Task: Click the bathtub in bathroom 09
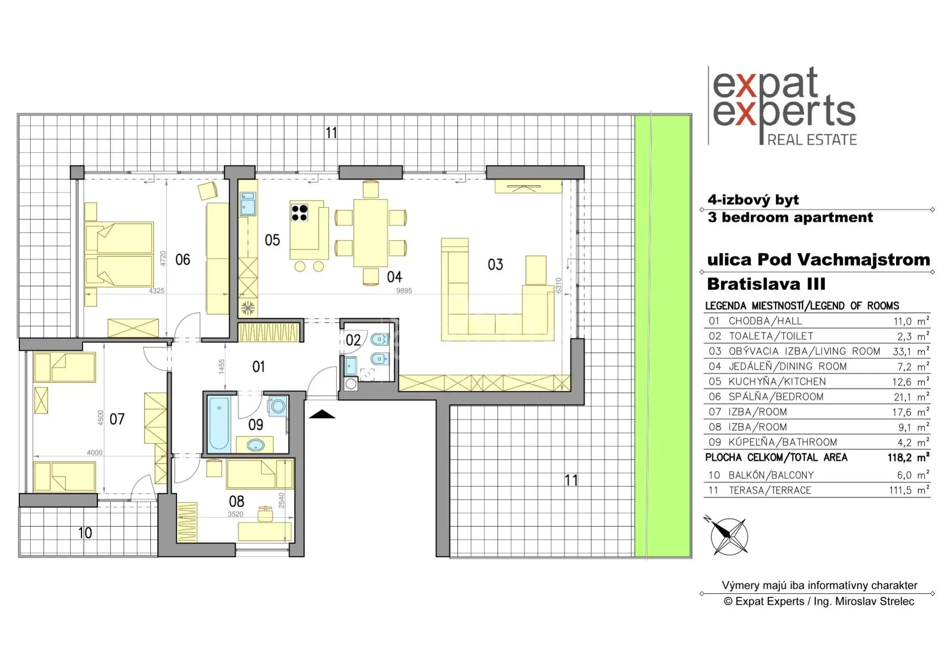tap(218, 423)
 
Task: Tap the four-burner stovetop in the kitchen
tap(300, 212)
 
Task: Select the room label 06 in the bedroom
tap(182, 259)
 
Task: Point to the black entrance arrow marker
tap(322, 414)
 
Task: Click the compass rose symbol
tap(728, 536)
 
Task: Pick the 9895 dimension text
tap(404, 291)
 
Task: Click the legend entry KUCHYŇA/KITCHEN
tap(777, 381)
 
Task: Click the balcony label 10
tap(85, 533)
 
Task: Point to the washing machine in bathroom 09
tap(278, 406)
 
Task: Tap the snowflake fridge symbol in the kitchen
tap(248, 308)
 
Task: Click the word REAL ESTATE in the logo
tap(812, 140)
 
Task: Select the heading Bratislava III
tap(766, 284)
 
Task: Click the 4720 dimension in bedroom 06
tap(163, 258)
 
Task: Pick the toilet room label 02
tap(353, 340)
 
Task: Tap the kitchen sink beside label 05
tap(248, 204)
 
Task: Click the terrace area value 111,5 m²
tap(909, 490)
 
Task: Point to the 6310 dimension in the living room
tap(559, 286)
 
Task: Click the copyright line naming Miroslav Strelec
tap(819, 601)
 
